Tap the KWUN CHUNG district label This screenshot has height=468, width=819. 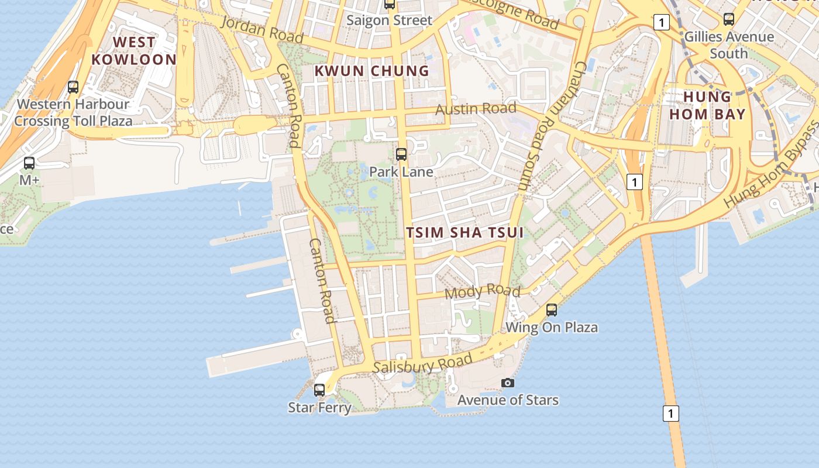click(x=372, y=71)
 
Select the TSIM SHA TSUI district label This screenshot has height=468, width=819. click(x=464, y=232)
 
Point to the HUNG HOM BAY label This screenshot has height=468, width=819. click(x=707, y=105)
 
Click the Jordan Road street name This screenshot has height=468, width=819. click(x=263, y=29)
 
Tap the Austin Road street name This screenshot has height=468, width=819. click(x=476, y=109)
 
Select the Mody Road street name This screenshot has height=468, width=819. click(x=483, y=291)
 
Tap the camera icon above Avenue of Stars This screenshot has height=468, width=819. click(x=508, y=383)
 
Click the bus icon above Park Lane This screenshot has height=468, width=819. click(x=401, y=154)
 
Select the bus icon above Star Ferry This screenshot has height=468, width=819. click(x=319, y=390)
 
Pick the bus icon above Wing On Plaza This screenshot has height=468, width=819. click(x=552, y=309)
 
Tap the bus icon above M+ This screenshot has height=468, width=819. click(x=29, y=163)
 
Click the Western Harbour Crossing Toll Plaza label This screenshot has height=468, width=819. click(x=73, y=113)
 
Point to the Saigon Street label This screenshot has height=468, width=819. click(x=389, y=20)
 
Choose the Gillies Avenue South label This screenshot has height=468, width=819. click(x=729, y=45)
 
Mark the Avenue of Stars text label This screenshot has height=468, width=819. click(x=508, y=400)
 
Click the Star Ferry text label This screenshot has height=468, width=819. click(x=319, y=407)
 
